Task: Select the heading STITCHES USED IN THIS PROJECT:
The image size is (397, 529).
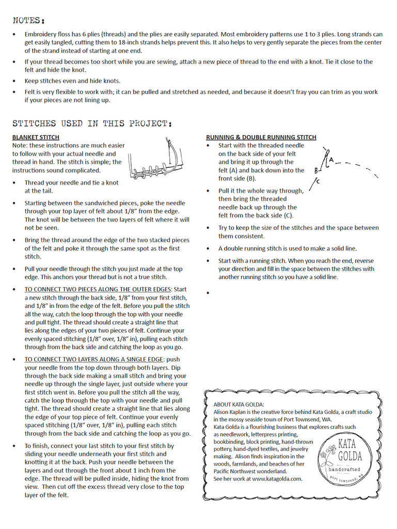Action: pyautogui.click(x=92, y=123)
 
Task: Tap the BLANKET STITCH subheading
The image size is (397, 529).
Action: pyautogui.click(x=36, y=137)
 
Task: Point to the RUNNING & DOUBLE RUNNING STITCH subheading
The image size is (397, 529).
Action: pyautogui.click(x=261, y=137)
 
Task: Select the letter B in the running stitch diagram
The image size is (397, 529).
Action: pyautogui.click(x=316, y=170)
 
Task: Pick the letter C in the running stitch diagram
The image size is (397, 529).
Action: pyautogui.click(x=317, y=181)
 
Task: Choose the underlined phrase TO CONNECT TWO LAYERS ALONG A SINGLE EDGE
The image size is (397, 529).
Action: pyautogui.click(x=94, y=360)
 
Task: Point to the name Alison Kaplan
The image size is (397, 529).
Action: pyautogui.click(x=233, y=412)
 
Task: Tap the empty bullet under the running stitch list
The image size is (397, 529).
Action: pyautogui.click(x=208, y=293)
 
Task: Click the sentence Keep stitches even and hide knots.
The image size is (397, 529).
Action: pyautogui.click(x=72, y=81)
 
